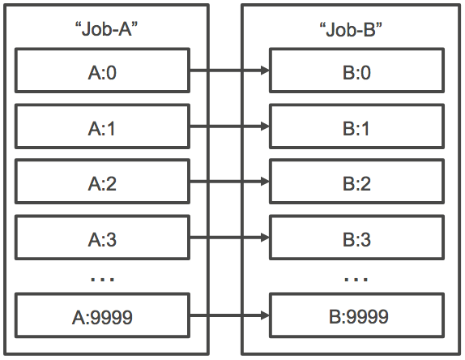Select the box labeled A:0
(102, 71)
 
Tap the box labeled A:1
(102, 127)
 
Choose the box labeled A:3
(102, 239)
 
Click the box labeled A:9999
(102, 315)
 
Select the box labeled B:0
(356, 71)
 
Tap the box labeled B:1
(356, 127)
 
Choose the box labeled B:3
(356, 239)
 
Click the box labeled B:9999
(356, 315)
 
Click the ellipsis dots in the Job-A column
(102, 279)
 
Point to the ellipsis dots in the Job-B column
(356, 279)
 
